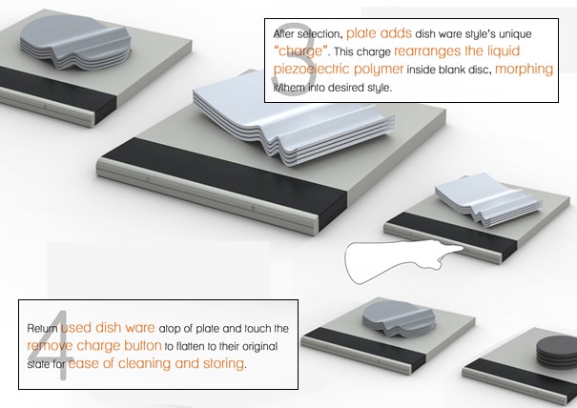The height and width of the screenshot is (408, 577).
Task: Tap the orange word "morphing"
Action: (524, 69)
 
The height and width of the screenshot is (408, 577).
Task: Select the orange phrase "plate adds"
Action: (379, 33)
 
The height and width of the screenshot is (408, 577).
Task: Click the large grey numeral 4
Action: (50, 345)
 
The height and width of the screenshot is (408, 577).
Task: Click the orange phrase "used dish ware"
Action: (108, 327)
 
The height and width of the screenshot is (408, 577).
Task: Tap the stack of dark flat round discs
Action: (556, 352)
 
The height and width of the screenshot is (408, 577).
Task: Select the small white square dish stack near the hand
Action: (486, 199)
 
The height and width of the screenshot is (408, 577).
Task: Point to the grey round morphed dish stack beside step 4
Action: (399, 318)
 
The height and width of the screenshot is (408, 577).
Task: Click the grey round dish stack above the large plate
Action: (75, 42)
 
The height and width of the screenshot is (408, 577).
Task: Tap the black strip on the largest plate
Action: (224, 179)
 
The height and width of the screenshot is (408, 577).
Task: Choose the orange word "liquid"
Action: (504, 51)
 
